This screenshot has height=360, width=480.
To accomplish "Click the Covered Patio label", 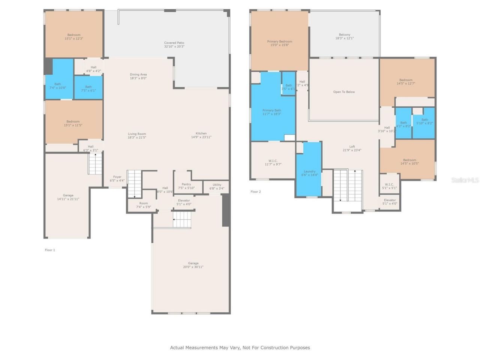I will pos(174,45).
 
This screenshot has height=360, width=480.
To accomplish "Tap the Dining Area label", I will pos(138,76).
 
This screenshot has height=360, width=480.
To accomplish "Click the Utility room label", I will pos(217,186).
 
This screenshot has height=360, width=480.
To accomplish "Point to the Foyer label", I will pos(117,179).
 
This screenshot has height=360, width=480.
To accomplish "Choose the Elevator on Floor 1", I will pos(184,202).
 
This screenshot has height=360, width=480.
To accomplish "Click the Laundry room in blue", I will pos(309,173).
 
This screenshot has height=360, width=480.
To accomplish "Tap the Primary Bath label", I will pos(271,112).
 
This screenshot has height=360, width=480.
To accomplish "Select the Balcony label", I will pos(344,36).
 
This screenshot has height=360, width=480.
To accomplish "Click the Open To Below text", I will pos(344,92).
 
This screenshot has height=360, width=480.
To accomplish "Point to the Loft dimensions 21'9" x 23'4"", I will pos(352,150).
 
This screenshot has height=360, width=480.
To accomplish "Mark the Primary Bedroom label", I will pos(279,43).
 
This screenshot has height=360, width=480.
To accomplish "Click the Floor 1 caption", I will pos(50,250).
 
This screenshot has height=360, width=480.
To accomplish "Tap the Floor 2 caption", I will pos(255,192).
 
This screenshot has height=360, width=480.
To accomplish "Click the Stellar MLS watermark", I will pos(465,180).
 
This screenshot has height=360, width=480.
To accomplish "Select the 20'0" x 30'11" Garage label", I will pos(193,265).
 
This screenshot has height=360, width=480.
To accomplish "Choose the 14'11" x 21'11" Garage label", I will pos(68,197).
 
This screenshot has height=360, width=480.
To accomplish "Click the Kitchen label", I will pos(201,135).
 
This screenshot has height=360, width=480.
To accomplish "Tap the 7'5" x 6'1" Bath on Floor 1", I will pos(88,88).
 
